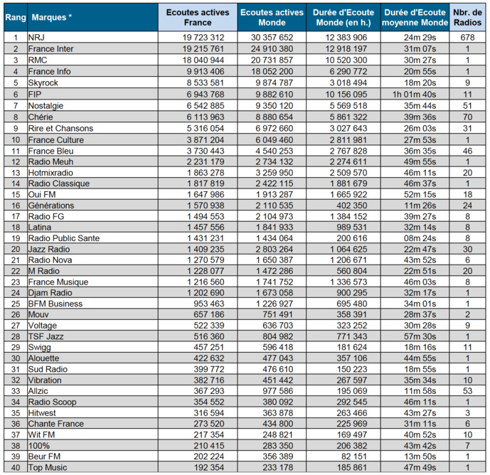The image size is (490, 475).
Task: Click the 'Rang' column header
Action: tap(15, 16)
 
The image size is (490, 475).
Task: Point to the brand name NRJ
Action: tap(36, 37)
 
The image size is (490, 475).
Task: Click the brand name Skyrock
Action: tap(43, 82)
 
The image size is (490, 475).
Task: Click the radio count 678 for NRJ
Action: tap(467, 37)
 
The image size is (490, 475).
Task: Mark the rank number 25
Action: tap(15, 304)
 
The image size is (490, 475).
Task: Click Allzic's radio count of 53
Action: tap(467, 391)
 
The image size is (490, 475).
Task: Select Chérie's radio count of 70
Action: tap(467, 117)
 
